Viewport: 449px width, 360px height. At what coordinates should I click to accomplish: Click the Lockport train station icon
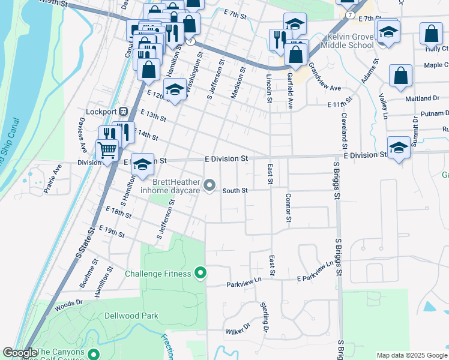(x=124, y=112)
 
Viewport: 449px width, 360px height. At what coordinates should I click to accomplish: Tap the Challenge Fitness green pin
(x=202, y=274)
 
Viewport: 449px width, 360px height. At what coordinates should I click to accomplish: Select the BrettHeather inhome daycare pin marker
(x=209, y=185)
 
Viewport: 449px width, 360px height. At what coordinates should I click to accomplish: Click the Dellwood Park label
(x=131, y=316)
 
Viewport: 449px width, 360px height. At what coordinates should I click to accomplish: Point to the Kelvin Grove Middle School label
(x=347, y=41)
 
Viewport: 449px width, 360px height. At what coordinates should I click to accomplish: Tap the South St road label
(x=235, y=191)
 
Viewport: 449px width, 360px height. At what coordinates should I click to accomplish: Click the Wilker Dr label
(x=237, y=330)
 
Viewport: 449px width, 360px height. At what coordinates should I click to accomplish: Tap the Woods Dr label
(x=68, y=305)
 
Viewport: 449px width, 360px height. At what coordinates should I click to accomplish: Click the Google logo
(x=20, y=353)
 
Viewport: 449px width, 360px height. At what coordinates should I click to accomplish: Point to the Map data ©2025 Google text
(x=412, y=355)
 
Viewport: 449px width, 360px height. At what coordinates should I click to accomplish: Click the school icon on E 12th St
(x=174, y=90)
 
